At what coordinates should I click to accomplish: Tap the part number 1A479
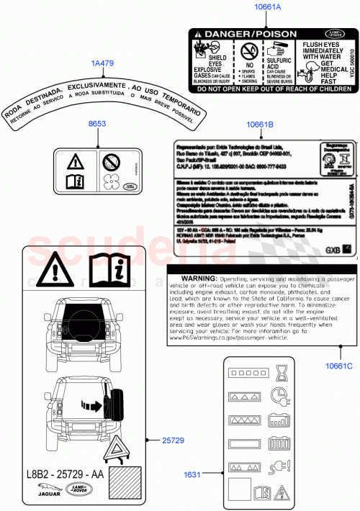[102, 63]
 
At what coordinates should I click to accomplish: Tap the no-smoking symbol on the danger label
[248, 50]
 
